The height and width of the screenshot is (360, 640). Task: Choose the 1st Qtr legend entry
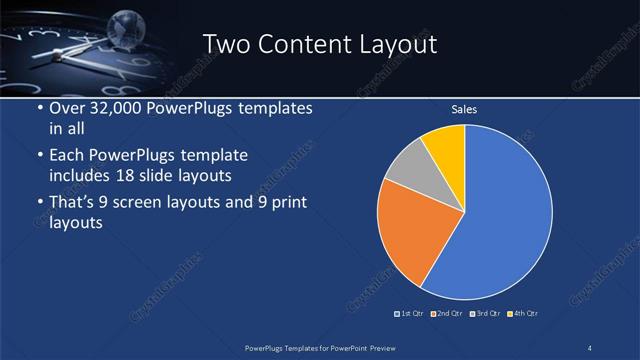coord(410,314)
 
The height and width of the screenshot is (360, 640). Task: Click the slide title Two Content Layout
coord(320,44)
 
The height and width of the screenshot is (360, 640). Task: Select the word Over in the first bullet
coord(67,108)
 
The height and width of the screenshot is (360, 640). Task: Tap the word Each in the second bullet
coord(67,156)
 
